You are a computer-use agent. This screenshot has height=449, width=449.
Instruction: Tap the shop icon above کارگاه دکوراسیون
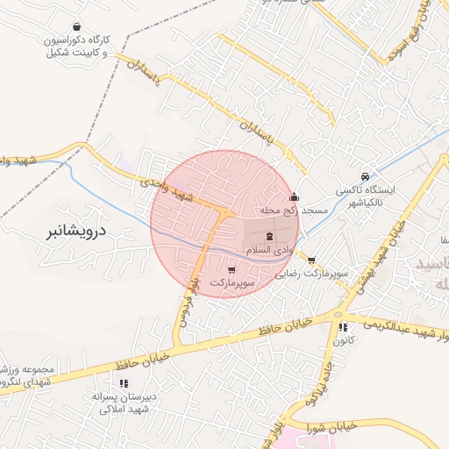[x=78, y=27]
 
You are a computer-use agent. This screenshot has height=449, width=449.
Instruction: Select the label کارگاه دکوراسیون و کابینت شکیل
[x=80, y=46]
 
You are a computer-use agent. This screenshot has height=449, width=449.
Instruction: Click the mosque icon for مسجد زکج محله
[x=294, y=197]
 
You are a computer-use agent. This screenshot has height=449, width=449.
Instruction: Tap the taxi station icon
[x=365, y=175]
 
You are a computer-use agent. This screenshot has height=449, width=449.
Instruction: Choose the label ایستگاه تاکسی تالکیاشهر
[x=368, y=195]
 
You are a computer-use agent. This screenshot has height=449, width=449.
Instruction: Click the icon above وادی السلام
[x=269, y=235]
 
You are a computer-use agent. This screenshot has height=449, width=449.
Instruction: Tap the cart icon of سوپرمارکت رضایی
[x=311, y=260]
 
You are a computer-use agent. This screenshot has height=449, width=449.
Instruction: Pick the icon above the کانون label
[x=342, y=327]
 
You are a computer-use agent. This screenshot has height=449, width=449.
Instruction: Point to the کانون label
[x=342, y=341]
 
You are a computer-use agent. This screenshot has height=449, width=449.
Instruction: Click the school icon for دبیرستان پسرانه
[x=123, y=383]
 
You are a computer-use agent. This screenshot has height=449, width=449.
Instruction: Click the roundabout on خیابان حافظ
[x=336, y=315]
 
